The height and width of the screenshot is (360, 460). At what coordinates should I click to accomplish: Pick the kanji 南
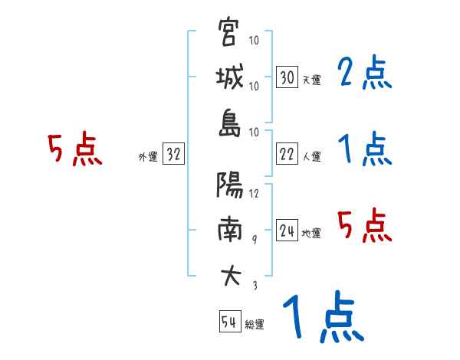coord(228,229)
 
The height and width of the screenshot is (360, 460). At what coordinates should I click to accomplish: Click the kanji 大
coord(228,273)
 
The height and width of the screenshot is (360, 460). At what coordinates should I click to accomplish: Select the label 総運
coord(254,324)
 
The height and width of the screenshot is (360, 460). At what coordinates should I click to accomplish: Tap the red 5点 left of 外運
coord(74,149)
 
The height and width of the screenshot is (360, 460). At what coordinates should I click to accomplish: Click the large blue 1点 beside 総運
coord(322,318)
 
